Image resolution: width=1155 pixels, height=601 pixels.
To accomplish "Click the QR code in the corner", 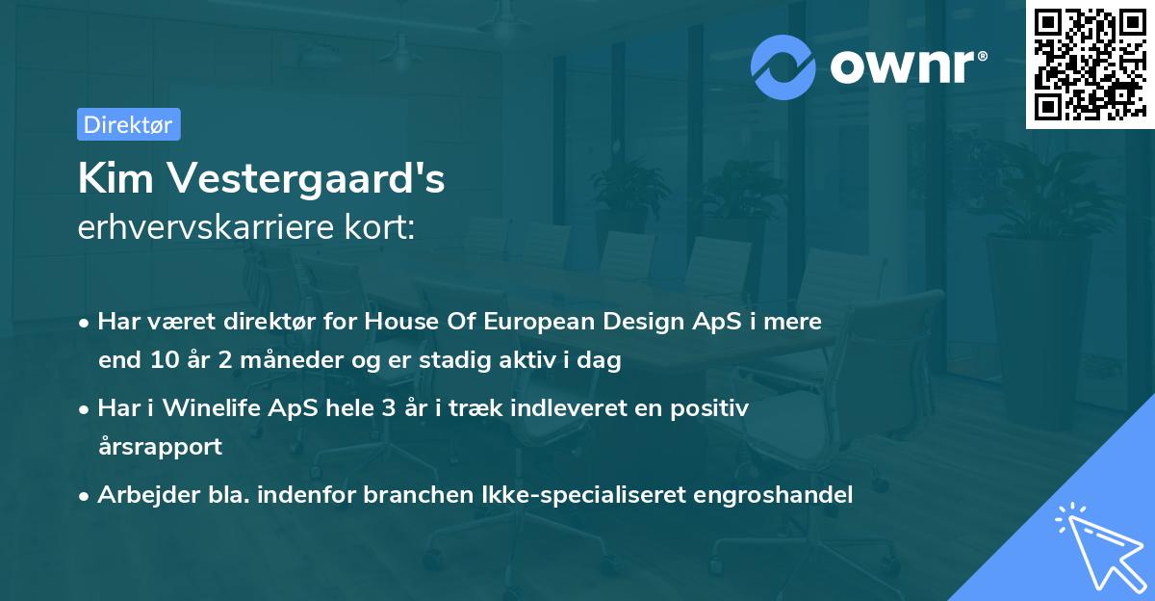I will pos(1089,65).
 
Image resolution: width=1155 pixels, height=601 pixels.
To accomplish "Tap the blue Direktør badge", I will pos(128,124).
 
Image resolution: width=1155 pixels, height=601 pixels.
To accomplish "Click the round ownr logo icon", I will pos(783,66).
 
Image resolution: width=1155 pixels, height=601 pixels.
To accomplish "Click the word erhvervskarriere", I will pos(217,229).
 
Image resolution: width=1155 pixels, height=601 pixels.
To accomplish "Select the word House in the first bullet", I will pos(397,322).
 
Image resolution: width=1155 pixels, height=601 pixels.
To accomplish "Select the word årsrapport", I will pos(160,447).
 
